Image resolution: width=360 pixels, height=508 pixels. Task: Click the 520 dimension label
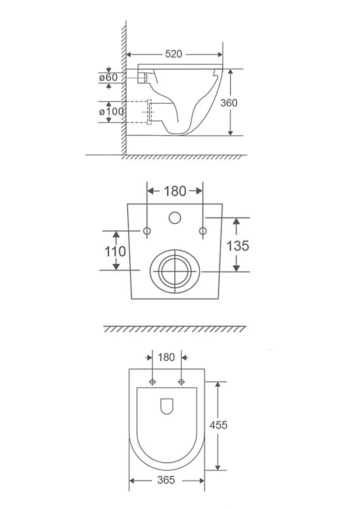click(173, 54)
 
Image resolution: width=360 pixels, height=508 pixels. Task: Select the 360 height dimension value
click(229, 103)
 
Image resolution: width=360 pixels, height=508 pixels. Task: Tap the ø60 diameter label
click(108, 77)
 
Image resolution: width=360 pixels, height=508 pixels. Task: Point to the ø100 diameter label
click(111, 111)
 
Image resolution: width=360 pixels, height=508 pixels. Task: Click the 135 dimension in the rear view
click(238, 246)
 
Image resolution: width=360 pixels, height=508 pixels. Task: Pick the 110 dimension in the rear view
click(115, 252)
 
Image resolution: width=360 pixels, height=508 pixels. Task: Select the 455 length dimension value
click(218, 425)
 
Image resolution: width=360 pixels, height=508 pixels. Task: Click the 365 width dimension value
click(166, 480)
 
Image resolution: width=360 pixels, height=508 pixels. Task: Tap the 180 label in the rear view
click(175, 191)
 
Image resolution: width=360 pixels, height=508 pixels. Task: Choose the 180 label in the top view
click(166, 357)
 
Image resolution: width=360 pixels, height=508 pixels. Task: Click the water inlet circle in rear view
click(175, 218)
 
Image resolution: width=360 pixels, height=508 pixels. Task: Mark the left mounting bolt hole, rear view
click(147, 231)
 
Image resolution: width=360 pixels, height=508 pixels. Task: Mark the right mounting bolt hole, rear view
click(203, 231)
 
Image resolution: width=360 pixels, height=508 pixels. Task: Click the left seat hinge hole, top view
click(152, 382)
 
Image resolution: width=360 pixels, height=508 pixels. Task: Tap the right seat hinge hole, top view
click(181, 382)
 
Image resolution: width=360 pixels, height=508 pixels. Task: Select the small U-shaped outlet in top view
click(167, 406)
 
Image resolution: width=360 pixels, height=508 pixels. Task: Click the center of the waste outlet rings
click(175, 271)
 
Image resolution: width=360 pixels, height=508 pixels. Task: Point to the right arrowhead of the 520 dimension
click(220, 54)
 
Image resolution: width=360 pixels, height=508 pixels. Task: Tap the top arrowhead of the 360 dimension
click(230, 72)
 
